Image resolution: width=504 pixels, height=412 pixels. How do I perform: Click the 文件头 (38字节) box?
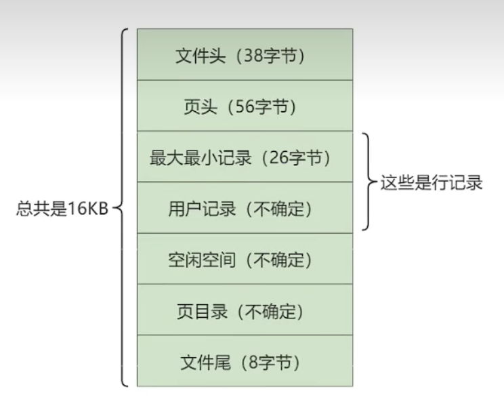tap(245, 54)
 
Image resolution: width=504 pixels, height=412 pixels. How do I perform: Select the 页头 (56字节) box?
tap(245, 106)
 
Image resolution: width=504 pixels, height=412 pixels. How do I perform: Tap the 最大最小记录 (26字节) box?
tap(245, 157)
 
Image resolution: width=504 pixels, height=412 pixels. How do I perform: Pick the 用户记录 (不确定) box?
tap(245, 208)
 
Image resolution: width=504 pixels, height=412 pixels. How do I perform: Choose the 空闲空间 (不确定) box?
tap(245, 260)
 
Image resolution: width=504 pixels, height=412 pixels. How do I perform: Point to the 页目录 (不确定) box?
tap(245, 310)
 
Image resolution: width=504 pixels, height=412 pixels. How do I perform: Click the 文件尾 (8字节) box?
tap(245, 362)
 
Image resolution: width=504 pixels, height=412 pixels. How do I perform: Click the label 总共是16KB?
tap(62, 207)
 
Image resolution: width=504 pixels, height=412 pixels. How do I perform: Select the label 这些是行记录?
tap(431, 182)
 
